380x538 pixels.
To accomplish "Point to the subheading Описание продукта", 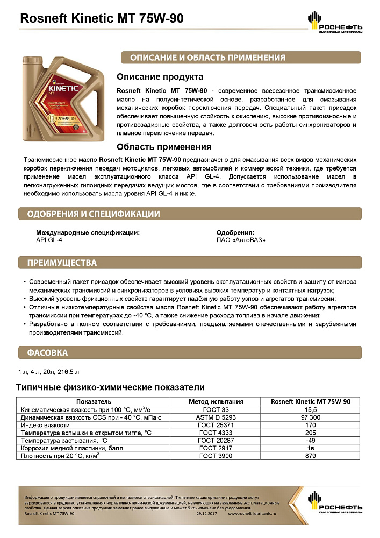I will click(x=160, y=77).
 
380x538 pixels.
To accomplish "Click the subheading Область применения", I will click(x=164, y=146).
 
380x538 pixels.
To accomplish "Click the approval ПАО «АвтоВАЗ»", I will click(x=240, y=240).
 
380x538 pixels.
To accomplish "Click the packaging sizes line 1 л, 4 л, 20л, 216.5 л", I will click(x=48, y=372).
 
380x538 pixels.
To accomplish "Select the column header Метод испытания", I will click(x=216, y=401).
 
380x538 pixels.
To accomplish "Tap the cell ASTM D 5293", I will click(x=216, y=417).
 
